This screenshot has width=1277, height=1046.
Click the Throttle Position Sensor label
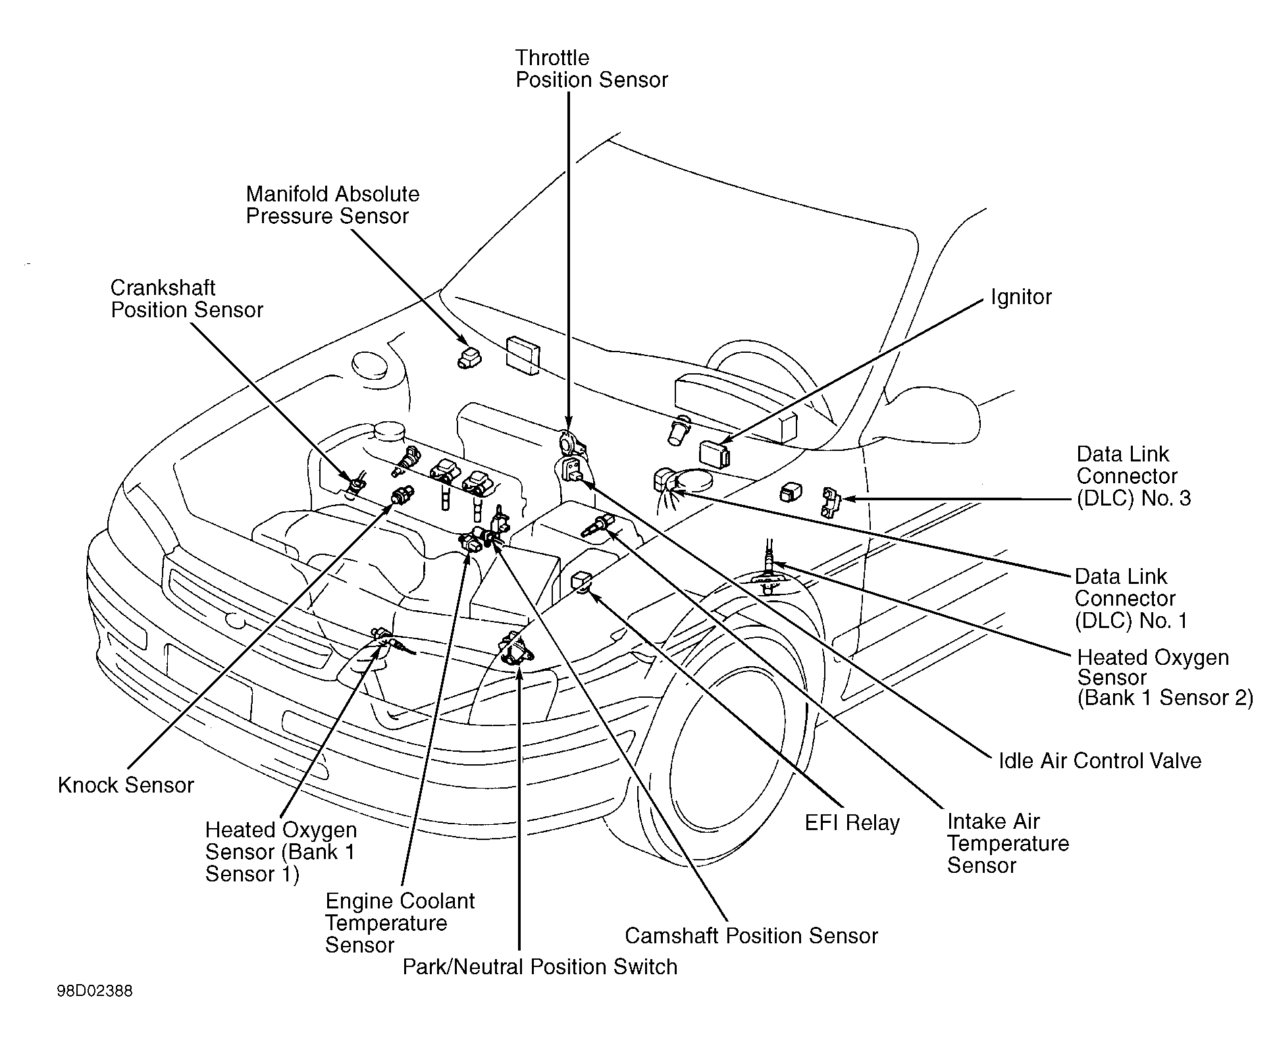click(x=591, y=69)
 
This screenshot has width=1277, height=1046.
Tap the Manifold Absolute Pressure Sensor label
click(x=332, y=205)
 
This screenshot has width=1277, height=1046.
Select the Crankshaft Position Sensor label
click(x=187, y=299)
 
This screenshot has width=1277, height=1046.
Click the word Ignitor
click(x=1021, y=297)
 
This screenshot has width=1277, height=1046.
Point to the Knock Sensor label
click(x=126, y=785)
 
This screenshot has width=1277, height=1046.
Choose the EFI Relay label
click(x=852, y=823)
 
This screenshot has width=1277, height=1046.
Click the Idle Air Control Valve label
click(x=1100, y=761)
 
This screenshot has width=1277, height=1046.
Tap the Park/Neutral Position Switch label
click(x=540, y=966)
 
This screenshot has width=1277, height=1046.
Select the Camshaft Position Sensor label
click(x=751, y=935)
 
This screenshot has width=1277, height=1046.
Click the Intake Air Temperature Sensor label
click(x=1008, y=843)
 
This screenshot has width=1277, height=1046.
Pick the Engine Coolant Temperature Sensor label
click(x=400, y=923)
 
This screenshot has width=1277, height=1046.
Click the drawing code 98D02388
click(x=95, y=991)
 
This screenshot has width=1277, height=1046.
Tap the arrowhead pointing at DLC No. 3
click(x=848, y=499)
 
